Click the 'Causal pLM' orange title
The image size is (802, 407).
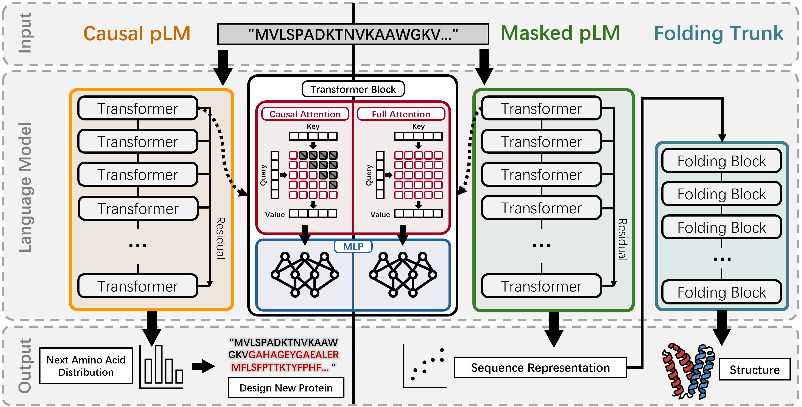[x=137, y=34]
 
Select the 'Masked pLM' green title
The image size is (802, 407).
[x=560, y=33]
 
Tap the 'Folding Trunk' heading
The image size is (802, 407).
[x=719, y=33]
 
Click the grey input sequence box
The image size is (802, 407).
[x=353, y=34]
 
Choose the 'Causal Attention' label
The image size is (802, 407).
[x=305, y=114]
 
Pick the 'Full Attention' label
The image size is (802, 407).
[x=401, y=114]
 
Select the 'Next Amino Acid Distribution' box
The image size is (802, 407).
[x=86, y=366]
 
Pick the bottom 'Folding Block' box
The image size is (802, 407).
[x=722, y=292]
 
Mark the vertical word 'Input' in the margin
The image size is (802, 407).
[x=25, y=33]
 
